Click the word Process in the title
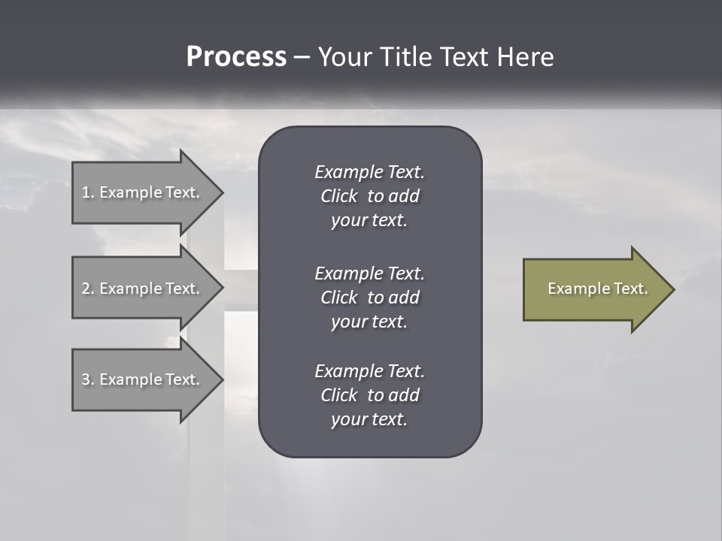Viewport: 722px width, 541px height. tap(236, 57)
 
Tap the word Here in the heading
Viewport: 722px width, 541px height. tap(526, 57)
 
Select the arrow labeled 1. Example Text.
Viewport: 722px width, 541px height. tap(143, 192)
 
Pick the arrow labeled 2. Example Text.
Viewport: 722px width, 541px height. tap(143, 289)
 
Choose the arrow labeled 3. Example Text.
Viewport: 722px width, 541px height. tap(143, 379)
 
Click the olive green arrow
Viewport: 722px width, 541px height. tap(594, 289)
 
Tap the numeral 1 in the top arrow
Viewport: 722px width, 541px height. tap(85, 192)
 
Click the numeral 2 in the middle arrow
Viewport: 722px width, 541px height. tap(85, 289)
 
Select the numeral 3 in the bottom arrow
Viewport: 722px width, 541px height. tap(85, 379)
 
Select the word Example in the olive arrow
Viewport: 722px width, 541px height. tap(579, 289)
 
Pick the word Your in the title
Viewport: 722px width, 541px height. tap(345, 57)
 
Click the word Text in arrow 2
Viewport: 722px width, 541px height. tap(182, 289)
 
